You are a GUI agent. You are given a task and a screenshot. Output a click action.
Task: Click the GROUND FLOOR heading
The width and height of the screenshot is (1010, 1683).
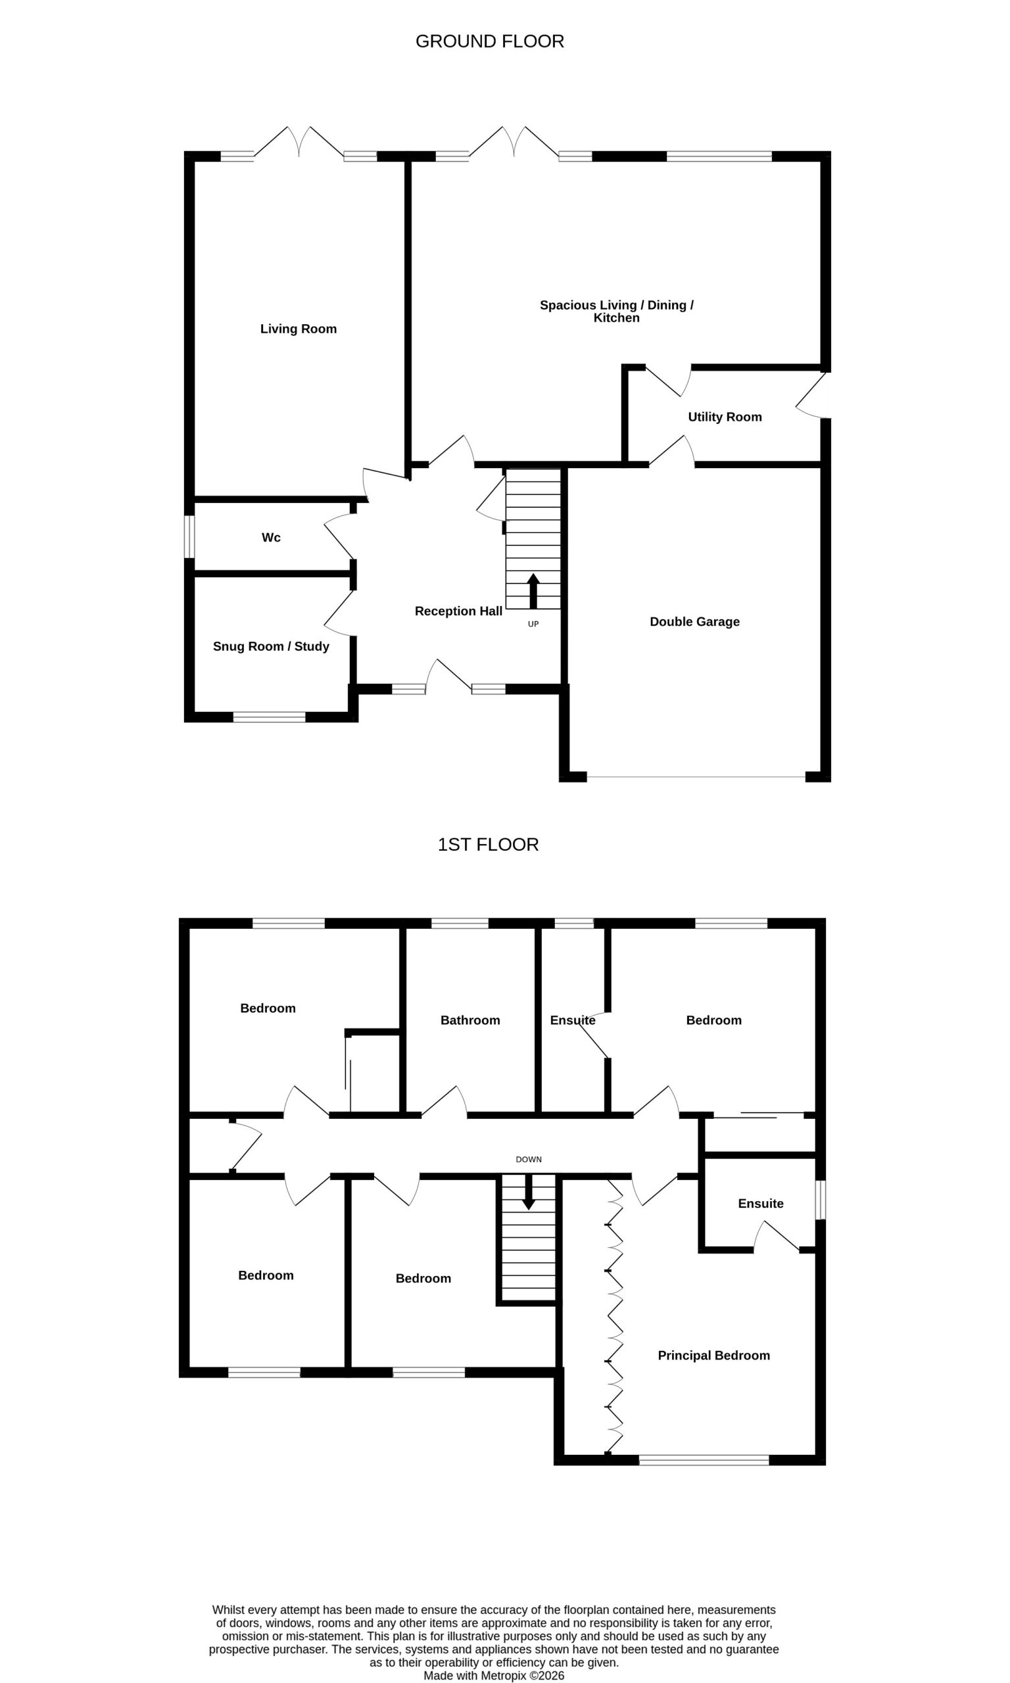pos(489,41)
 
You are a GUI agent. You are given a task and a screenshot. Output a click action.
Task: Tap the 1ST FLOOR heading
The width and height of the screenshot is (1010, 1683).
pos(488,844)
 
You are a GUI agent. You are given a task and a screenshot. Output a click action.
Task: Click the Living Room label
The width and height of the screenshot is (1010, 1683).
pos(298,329)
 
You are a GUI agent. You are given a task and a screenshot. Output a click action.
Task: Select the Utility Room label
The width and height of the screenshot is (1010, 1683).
pos(725,417)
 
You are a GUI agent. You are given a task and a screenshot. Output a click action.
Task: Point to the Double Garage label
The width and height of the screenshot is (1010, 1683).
pos(694,622)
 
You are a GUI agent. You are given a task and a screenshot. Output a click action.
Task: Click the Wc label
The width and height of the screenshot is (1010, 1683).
pos(271,537)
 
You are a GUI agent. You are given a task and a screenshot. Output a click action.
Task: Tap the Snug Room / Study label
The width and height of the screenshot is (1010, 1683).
pos(271,646)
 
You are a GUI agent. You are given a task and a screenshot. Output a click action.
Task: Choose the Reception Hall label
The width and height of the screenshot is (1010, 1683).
pos(458,611)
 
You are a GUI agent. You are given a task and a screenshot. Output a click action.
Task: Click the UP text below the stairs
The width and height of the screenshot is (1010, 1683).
pos(533,624)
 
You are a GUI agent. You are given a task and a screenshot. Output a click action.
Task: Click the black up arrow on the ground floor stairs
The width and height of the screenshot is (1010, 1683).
pos(533,590)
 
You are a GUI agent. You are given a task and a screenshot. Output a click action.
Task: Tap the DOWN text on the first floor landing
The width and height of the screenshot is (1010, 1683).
pos(529,1159)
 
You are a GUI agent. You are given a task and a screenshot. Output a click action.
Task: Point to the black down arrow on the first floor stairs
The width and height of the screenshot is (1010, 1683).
pos(528,1193)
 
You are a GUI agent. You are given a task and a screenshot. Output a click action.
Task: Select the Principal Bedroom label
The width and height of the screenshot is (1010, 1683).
pos(714,1355)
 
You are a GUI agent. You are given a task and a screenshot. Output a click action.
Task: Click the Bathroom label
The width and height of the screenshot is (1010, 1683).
pos(470,1020)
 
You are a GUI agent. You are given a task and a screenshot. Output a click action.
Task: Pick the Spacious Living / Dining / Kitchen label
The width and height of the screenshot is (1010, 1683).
pos(617,311)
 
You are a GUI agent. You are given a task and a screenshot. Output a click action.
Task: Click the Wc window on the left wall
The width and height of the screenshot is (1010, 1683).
pos(190,536)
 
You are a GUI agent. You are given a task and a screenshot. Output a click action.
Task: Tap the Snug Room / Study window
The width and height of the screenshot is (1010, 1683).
pos(270,717)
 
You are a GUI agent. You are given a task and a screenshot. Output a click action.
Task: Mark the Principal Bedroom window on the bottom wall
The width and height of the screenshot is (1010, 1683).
pos(704,1460)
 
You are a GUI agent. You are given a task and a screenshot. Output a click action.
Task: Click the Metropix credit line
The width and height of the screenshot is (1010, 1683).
pos(494,1676)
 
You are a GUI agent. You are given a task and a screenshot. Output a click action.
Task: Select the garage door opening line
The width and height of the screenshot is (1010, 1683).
pos(696,777)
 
